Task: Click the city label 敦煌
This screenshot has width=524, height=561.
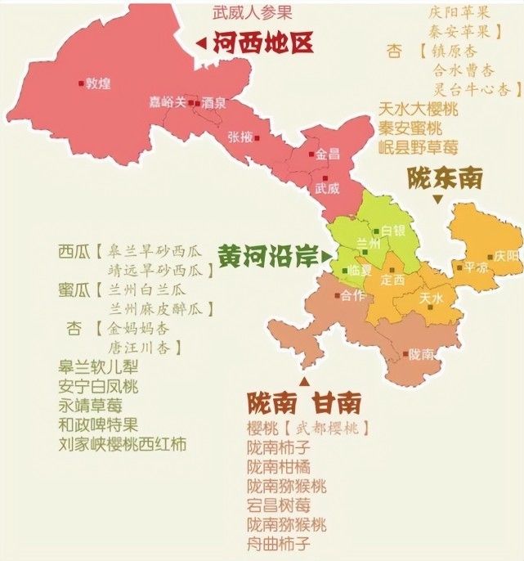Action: coord(98,83)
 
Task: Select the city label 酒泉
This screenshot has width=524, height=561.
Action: coord(213,104)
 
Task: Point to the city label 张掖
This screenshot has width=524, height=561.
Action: coord(240,137)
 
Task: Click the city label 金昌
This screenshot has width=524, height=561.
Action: coord(327,153)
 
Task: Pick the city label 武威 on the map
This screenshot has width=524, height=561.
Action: coord(327,187)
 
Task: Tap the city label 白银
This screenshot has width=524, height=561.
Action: coord(393,231)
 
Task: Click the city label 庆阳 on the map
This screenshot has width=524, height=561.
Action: coord(506,255)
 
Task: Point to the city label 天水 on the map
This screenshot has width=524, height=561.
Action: coord(431,298)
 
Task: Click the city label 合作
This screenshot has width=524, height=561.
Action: coord(352,296)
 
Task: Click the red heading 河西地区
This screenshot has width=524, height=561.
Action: coord(263,43)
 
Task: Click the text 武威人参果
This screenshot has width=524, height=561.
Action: coord(253,13)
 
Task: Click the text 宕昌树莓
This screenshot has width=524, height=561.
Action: coord(287,505)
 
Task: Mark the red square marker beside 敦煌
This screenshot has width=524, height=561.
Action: coord(81,83)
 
